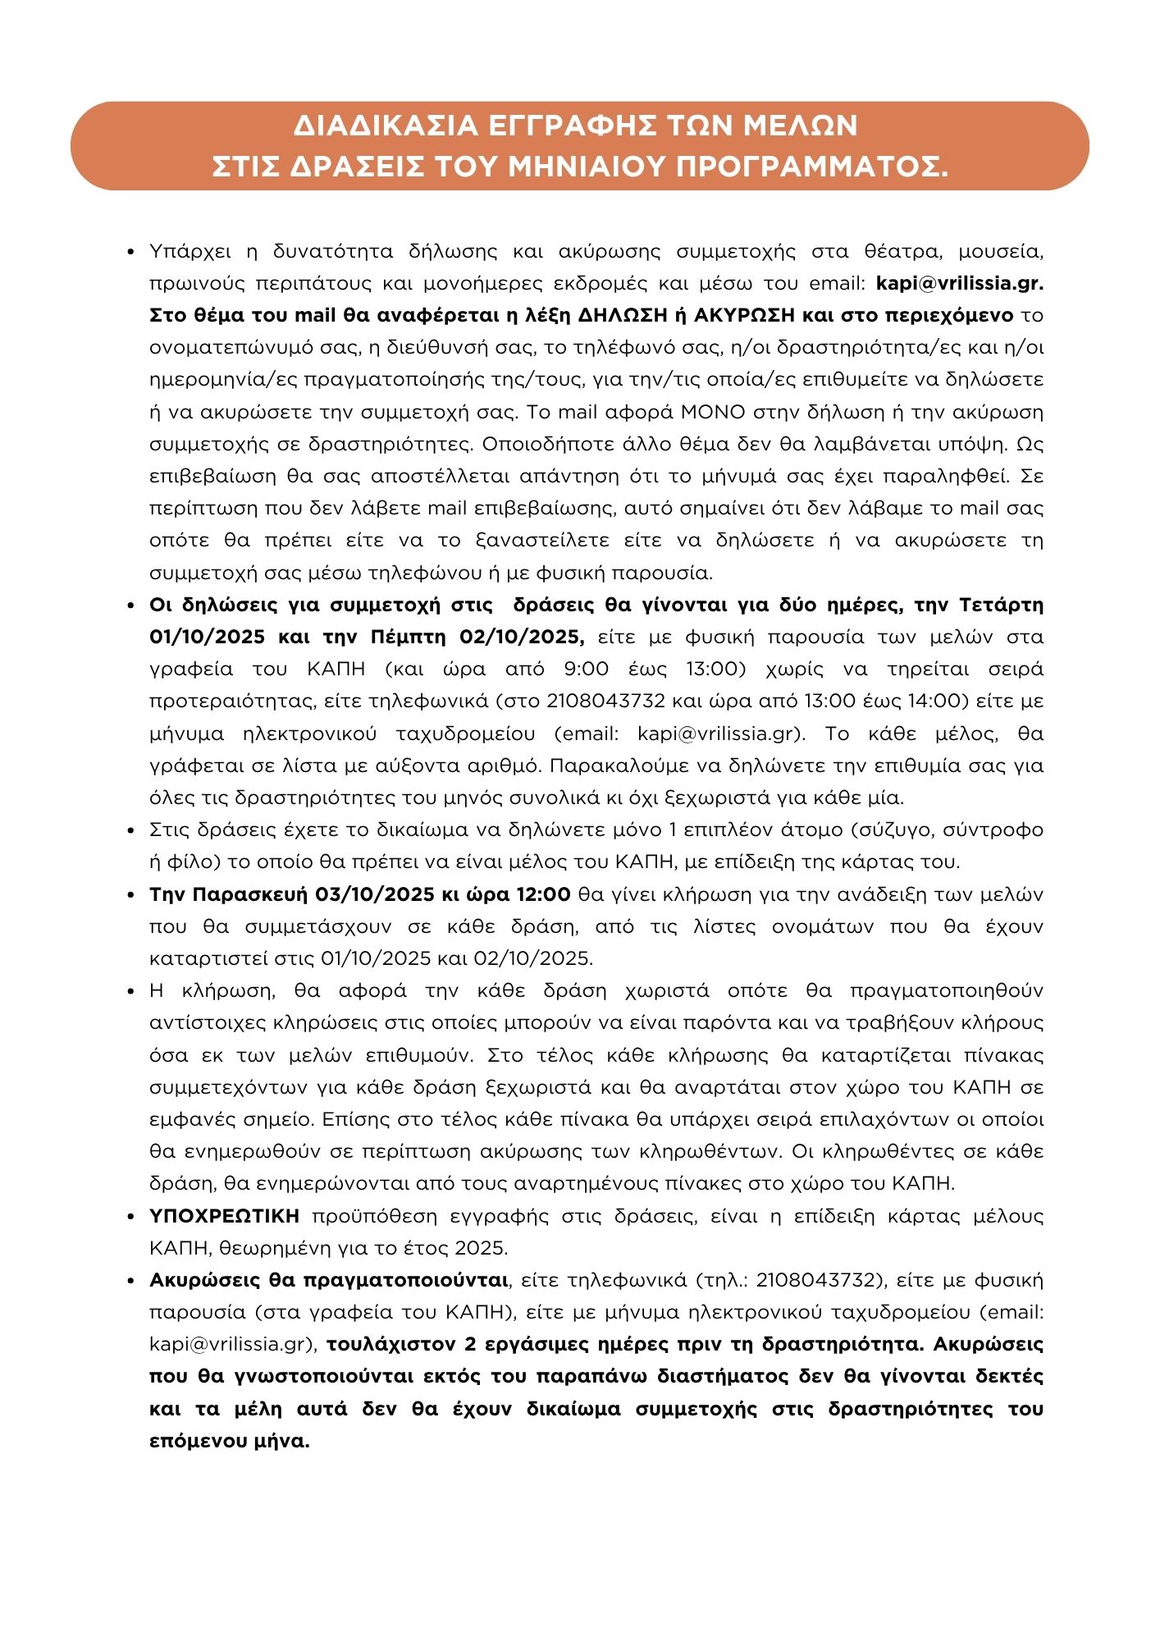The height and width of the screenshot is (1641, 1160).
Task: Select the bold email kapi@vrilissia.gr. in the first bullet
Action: pos(960,283)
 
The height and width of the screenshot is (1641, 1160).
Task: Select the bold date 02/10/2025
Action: pos(513,637)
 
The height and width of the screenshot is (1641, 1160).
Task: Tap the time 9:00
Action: pos(587,669)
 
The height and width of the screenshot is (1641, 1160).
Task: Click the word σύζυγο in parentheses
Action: pos(893,830)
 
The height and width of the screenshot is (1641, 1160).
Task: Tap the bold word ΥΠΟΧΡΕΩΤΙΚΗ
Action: pos(224,1215)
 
